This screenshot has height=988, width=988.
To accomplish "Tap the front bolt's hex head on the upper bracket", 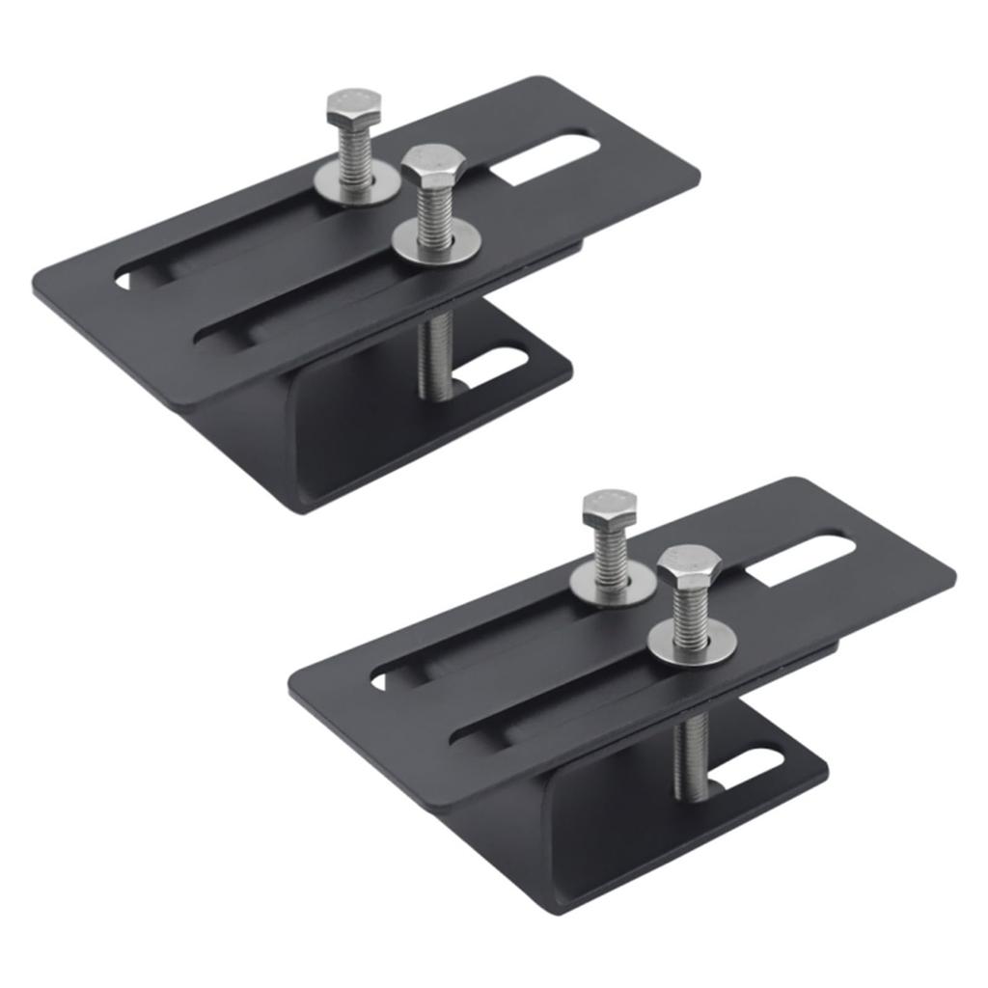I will (433, 168).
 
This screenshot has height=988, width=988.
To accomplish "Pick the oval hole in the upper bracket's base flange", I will (497, 369).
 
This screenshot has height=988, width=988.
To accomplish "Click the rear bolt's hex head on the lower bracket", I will (609, 508).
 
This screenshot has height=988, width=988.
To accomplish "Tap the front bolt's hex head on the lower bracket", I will (689, 566).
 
